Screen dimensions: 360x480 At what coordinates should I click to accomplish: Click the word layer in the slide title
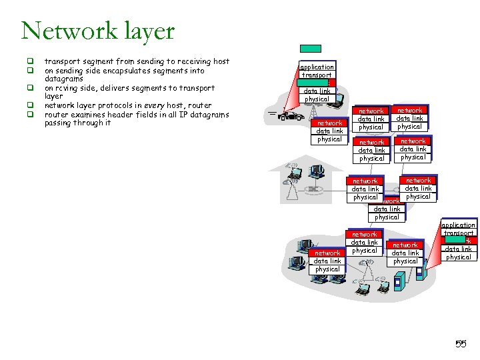point(144,31)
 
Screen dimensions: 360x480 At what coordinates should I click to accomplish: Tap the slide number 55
point(460,344)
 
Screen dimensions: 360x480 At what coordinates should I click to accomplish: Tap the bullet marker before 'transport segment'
point(30,62)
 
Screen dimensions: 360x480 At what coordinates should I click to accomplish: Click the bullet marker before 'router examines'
point(30,114)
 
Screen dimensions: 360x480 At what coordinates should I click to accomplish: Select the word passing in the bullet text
point(59,123)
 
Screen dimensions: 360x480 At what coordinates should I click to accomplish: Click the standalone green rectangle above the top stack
point(310,49)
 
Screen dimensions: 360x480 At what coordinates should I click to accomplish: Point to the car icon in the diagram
point(290,116)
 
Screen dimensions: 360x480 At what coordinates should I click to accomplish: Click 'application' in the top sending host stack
point(317,67)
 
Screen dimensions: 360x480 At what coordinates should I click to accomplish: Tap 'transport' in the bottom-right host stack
point(458,233)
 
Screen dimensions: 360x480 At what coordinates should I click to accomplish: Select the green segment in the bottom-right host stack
point(454,241)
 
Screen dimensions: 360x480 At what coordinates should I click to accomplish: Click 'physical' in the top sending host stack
point(317,99)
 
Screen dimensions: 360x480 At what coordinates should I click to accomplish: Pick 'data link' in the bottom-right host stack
point(458,249)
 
